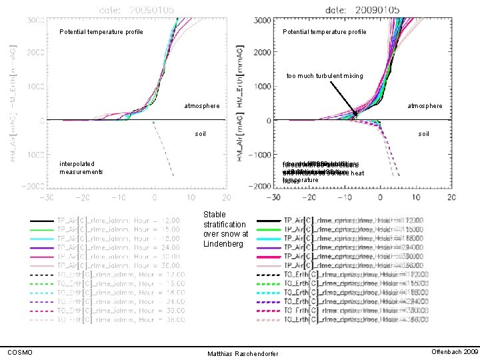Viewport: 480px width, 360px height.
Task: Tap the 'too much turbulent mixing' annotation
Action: (325, 76)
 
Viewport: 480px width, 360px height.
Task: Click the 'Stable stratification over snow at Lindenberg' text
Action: (226, 229)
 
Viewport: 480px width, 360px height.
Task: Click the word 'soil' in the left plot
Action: (200, 134)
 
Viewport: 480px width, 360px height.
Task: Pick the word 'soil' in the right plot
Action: (423, 134)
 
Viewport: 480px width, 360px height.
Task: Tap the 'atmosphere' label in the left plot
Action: (201, 106)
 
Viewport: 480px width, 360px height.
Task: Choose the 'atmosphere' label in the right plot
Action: (425, 106)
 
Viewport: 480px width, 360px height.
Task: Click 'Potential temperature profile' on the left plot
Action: (101, 32)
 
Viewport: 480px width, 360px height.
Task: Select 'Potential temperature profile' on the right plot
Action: (324, 32)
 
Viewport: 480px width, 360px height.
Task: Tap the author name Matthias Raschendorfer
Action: (243, 353)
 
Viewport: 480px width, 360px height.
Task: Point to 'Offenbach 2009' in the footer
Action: (455, 351)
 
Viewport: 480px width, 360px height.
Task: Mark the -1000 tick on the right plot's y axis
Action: (260, 154)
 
